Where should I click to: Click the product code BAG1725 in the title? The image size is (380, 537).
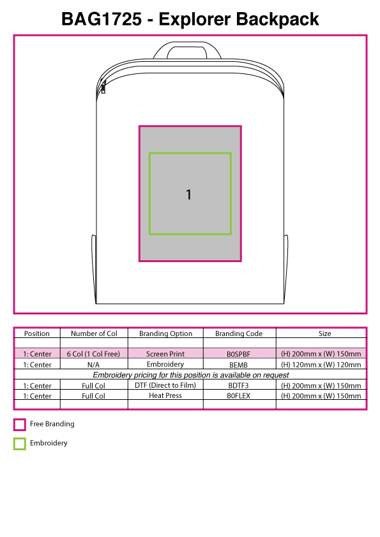point(101,19)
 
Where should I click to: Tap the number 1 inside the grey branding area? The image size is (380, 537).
point(188,195)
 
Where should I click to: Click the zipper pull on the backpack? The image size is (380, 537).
point(103,89)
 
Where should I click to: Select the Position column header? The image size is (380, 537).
point(36,334)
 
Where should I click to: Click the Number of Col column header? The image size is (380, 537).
point(94,334)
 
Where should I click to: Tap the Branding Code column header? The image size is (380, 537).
point(239,334)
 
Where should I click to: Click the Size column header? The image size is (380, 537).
point(325,334)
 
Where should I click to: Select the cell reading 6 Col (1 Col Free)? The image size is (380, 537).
point(93,354)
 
